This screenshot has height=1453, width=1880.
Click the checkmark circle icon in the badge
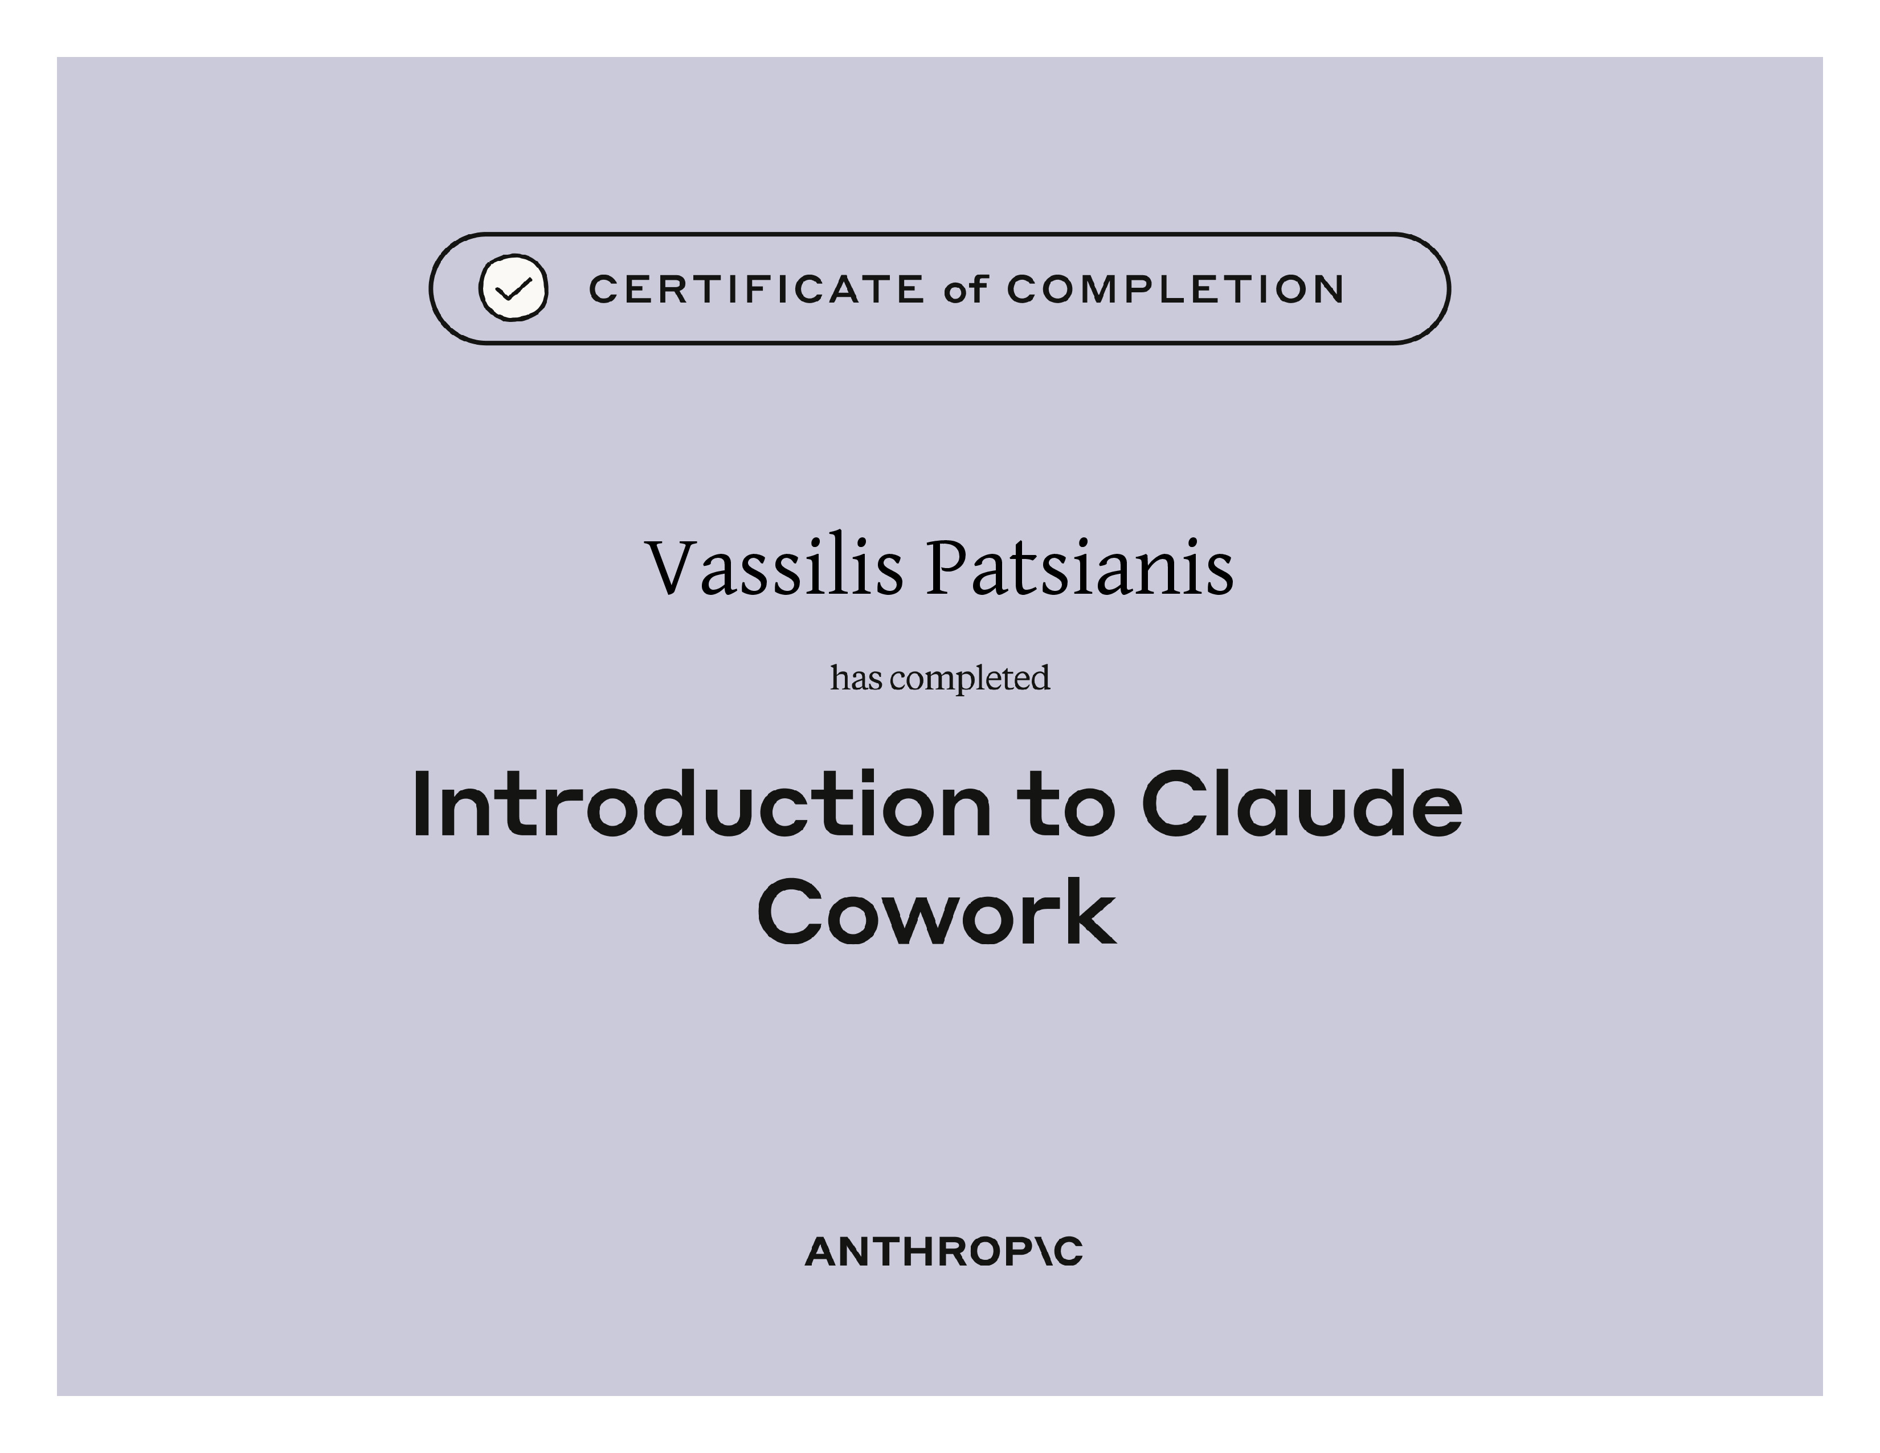pyautogui.click(x=513, y=288)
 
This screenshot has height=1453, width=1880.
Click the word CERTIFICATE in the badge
pyautogui.click(x=757, y=289)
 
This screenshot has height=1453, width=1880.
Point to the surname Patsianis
pyautogui.click(x=1080, y=568)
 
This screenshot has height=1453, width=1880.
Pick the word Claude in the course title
pyautogui.click(x=1302, y=804)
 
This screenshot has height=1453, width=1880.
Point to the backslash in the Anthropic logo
pyautogui.click(x=1041, y=1252)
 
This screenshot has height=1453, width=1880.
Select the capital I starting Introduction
pyautogui.click(x=422, y=804)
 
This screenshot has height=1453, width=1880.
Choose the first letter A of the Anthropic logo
pyautogui.click(x=824, y=1252)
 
